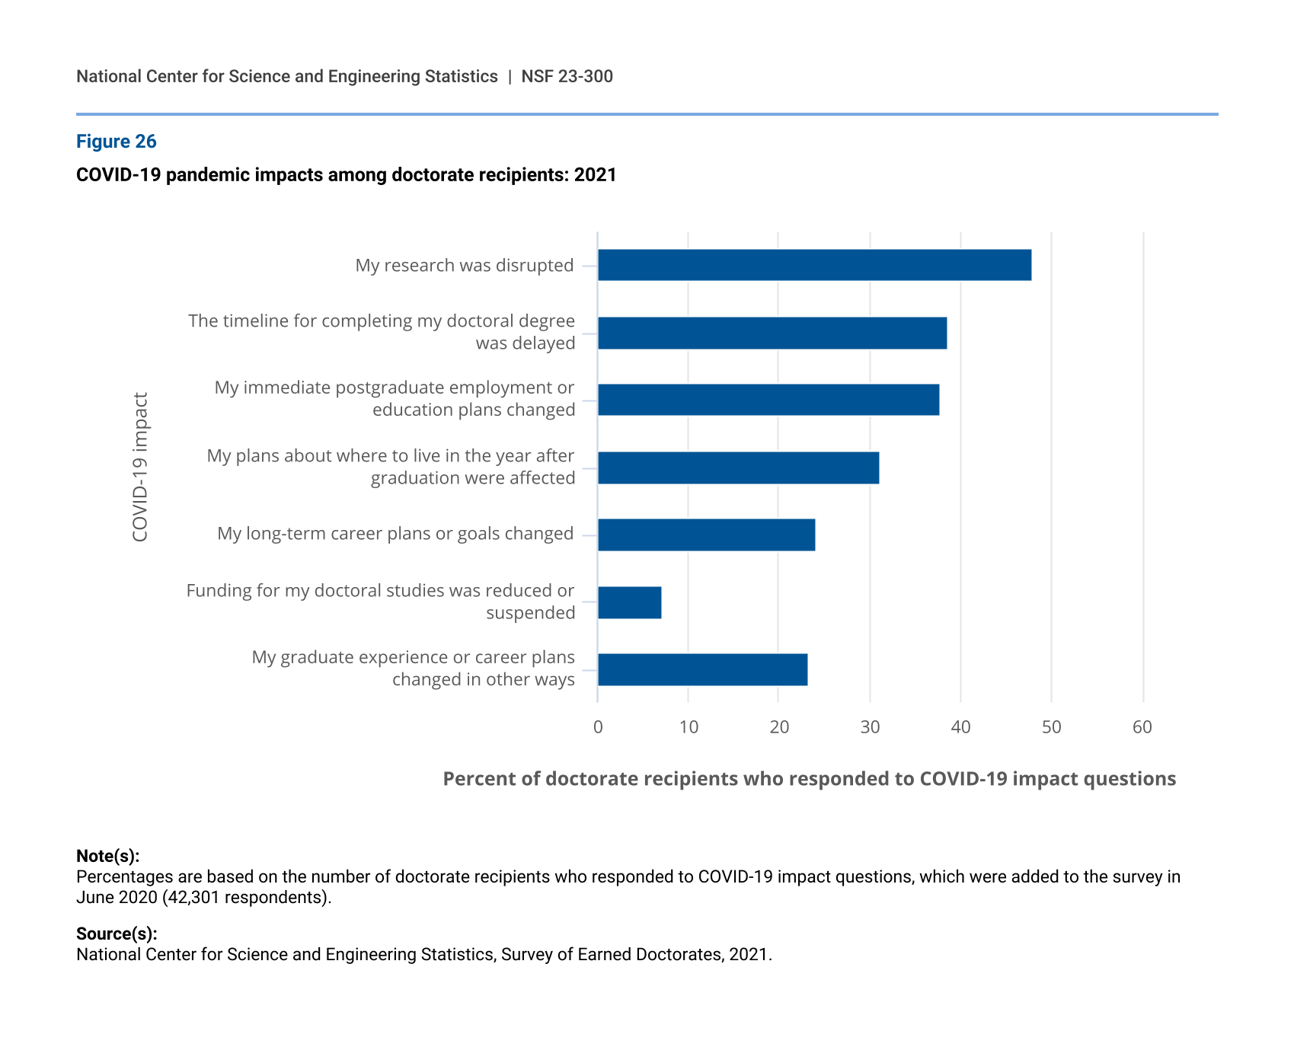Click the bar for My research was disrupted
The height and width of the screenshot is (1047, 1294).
click(x=814, y=265)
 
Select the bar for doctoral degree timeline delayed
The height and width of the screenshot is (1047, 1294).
click(x=772, y=333)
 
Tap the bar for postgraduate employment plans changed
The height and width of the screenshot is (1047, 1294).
click(x=768, y=400)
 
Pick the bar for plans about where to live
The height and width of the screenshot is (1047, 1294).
click(x=738, y=468)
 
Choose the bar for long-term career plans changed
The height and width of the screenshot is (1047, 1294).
click(x=706, y=535)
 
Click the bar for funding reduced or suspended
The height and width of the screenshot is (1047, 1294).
click(x=629, y=602)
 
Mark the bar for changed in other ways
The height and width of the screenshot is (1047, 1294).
click(x=702, y=669)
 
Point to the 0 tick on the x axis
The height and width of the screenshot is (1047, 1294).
click(x=598, y=727)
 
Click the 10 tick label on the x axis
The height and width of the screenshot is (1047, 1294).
click(x=689, y=727)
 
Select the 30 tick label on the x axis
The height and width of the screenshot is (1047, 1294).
click(x=870, y=727)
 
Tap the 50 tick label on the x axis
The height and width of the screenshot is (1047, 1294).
click(x=1051, y=727)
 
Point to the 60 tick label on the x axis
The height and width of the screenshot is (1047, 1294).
click(x=1142, y=727)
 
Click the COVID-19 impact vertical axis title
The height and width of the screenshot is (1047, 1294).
click(x=140, y=467)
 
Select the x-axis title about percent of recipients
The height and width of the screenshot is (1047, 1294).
click(x=809, y=779)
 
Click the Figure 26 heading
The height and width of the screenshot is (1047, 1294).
click(x=116, y=142)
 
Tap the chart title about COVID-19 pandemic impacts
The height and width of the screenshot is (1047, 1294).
click(x=346, y=175)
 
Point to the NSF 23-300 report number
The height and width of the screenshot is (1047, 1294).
click(x=567, y=76)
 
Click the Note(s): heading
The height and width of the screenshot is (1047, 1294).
click(x=107, y=856)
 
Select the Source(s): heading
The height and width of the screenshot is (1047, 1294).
click(x=117, y=934)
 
